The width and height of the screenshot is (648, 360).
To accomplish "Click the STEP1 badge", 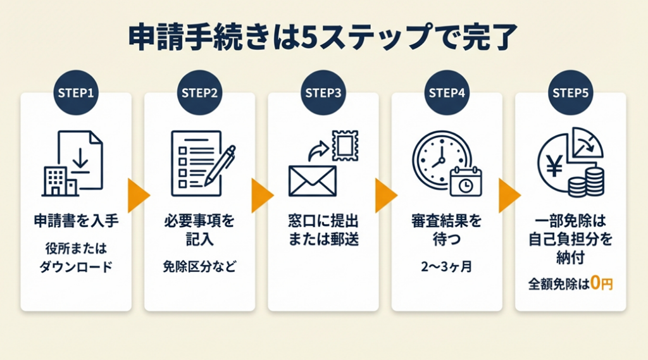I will pyautogui.click(x=76, y=92).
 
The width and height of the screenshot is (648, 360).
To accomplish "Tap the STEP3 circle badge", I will pyautogui.click(x=323, y=92).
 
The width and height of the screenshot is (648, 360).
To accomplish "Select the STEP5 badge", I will pyautogui.click(x=571, y=92).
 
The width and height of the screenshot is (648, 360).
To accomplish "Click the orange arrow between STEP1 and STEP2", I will pyautogui.click(x=137, y=196).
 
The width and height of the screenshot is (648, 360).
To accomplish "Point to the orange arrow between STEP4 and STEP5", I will pyautogui.click(x=509, y=196).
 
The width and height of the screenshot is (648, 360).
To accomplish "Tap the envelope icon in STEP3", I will pyautogui.click(x=313, y=180).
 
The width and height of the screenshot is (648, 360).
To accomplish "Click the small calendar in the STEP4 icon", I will pyautogui.click(x=466, y=183).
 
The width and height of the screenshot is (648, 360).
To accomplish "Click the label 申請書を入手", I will pyautogui.click(x=76, y=222).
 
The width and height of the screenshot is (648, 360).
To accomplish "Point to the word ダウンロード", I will pyautogui.click(x=76, y=266).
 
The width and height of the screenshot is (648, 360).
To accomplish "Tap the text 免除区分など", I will pyautogui.click(x=199, y=266).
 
